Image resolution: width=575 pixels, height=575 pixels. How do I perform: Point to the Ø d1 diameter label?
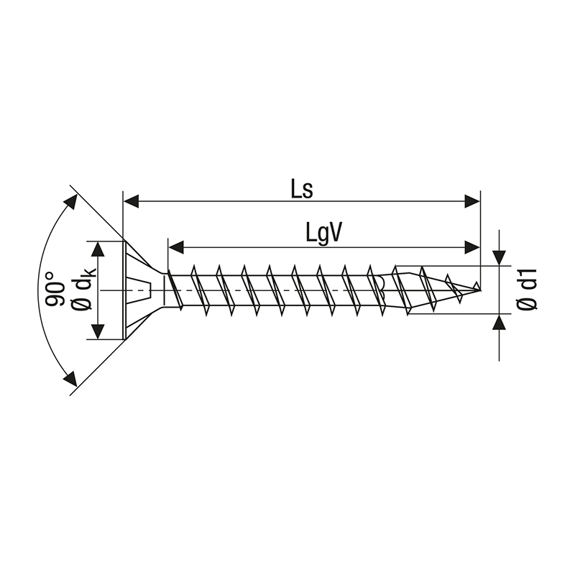(x=528, y=290)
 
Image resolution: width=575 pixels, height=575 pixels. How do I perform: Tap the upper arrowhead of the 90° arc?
(x=71, y=201)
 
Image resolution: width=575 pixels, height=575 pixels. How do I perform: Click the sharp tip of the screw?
(x=479, y=289)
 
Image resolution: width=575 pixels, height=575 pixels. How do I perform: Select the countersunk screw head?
(x=140, y=290)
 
